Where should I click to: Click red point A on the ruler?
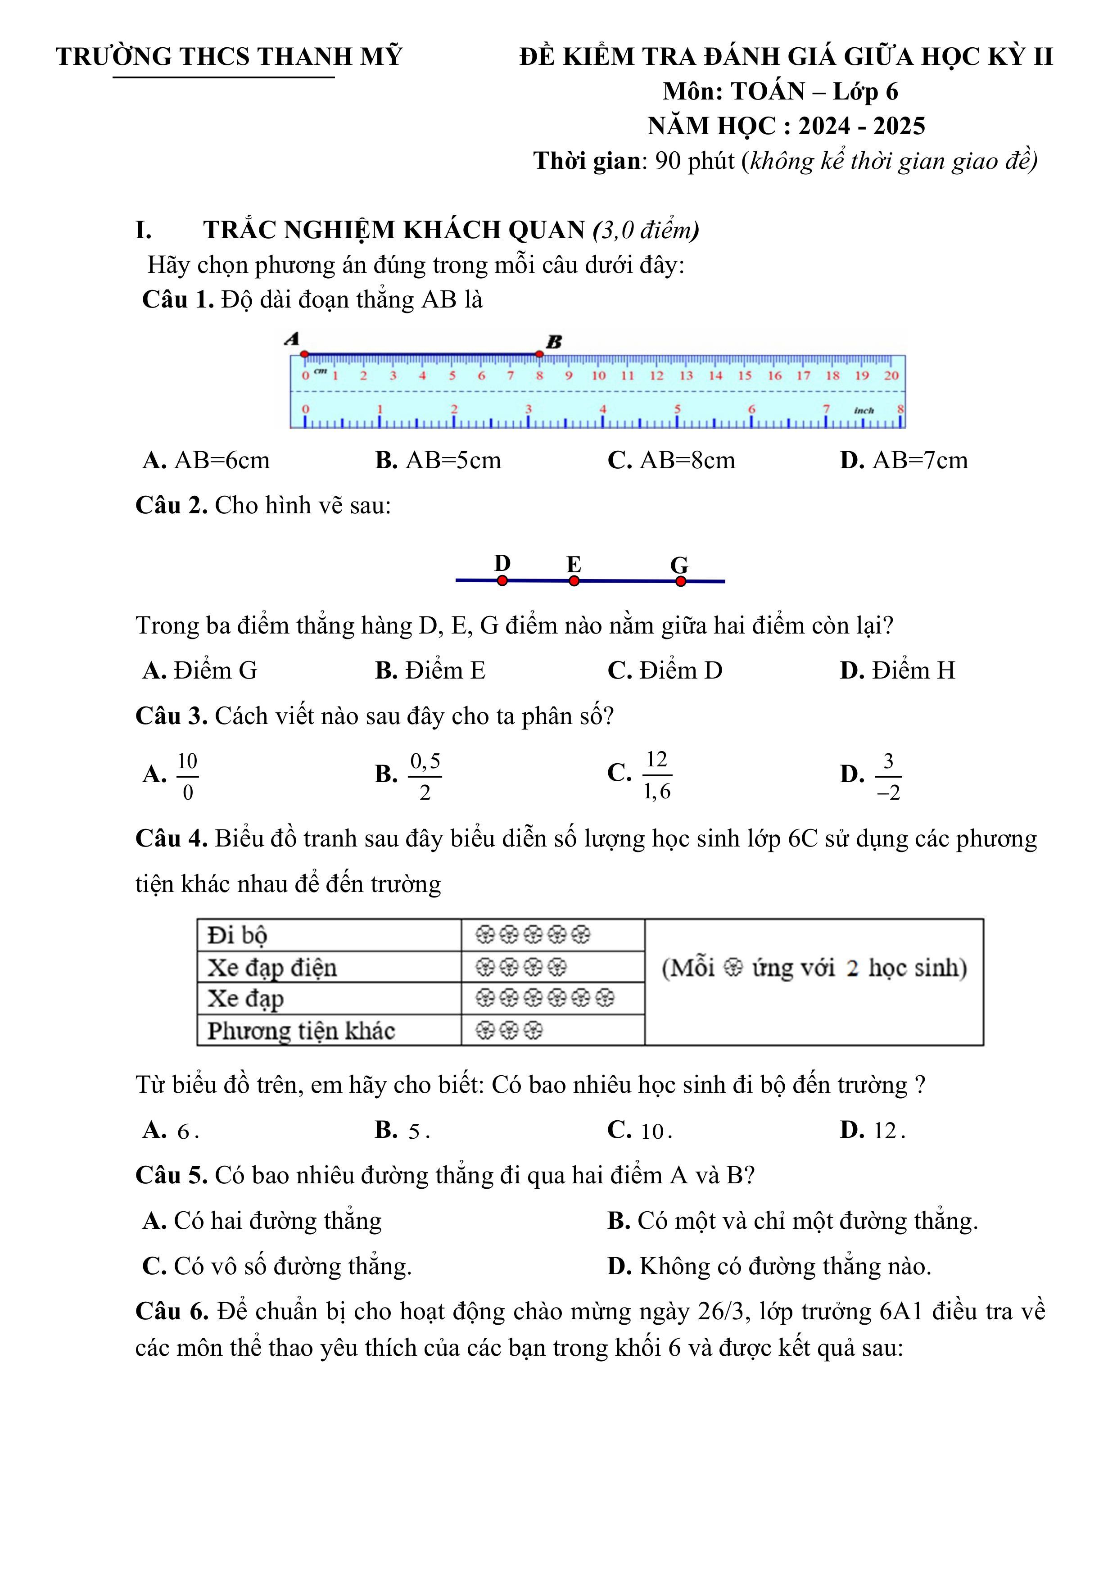305,354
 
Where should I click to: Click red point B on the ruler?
539,354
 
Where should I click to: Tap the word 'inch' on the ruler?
864,411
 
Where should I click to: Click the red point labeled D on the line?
502,581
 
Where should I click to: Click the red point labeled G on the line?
681,581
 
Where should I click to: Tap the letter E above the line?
573,564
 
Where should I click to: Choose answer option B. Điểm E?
430,670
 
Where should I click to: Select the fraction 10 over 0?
187,775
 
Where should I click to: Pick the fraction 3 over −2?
888,775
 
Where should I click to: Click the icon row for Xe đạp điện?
521,967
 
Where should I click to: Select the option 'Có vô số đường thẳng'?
277,1266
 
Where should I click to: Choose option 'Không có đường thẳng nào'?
769,1266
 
